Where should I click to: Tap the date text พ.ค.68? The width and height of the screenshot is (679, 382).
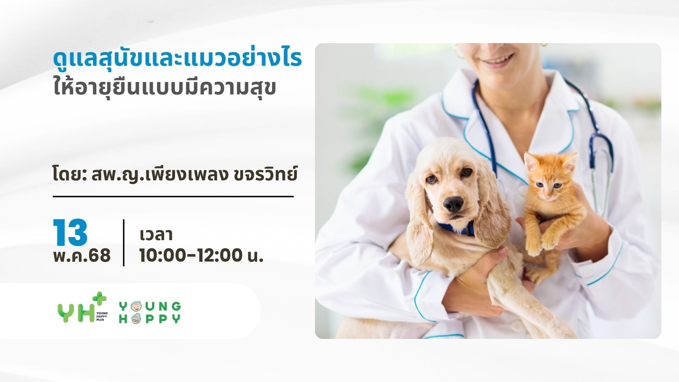pos(82,255)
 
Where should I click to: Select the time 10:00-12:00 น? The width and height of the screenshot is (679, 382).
pos(201,255)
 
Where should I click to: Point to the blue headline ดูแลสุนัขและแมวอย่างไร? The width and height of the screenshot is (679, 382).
pos(177,59)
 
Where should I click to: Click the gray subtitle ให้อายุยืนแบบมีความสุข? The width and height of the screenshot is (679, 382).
pos(164,87)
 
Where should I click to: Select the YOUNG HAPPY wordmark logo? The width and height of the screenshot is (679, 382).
pos(150,312)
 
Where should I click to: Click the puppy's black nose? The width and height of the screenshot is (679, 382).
pos(453,204)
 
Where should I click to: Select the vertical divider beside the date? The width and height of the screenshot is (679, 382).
pos(124,243)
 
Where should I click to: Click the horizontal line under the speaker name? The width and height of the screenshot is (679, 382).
pos(173,196)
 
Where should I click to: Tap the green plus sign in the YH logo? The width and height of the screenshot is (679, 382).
pos(100,298)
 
